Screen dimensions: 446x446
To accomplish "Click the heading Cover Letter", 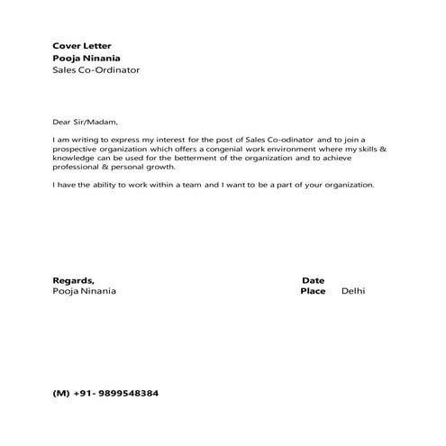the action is (82, 45).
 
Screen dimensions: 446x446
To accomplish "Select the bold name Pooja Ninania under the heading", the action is (88, 58).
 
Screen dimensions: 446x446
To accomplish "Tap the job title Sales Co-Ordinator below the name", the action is (96, 70).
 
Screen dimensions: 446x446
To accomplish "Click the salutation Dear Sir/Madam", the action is (86, 122).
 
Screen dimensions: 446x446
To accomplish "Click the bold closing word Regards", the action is (72, 280).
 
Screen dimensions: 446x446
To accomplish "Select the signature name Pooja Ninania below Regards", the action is (84, 292).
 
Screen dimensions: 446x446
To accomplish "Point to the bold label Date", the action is (313, 280).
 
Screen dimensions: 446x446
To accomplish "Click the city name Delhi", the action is (353, 292).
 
